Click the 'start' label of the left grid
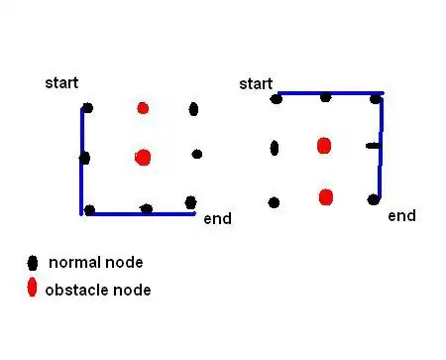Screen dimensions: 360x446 tap(61, 82)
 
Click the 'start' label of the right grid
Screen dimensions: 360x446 tap(256, 84)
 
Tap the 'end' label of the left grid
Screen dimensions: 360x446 tap(217, 218)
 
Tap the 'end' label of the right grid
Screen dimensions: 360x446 tap(401, 215)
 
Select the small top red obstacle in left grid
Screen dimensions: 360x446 tap(143, 107)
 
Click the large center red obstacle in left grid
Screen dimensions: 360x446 tap(143, 157)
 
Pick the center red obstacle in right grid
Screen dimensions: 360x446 tap(323, 146)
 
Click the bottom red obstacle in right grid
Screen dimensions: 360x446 tap(326, 196)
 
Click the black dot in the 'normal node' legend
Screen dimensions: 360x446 tap(32, 263)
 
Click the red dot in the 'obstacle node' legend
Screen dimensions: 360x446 tap(32, 289)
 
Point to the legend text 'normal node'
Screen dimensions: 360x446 tap(95, 263)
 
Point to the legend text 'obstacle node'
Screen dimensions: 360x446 tap(99, 290)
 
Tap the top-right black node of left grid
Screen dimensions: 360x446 tap(193, 109)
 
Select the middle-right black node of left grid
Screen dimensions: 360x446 tap(197, 154)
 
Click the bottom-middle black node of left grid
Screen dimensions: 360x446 tap(147, 209)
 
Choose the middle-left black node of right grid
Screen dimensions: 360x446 tap(275, 148)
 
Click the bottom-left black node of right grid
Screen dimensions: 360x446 tap(274, 202)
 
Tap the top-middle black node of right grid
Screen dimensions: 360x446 tap(325, 96)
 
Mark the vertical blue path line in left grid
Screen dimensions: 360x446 tap(81, 159)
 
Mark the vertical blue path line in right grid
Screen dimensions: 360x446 tap(381, 149)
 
